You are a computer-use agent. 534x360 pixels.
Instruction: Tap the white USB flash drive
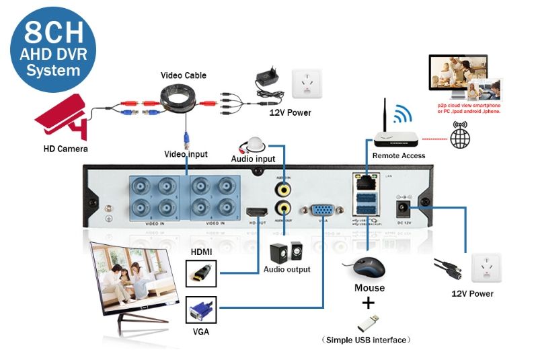(368, 322)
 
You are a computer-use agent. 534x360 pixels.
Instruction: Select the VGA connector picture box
(200, 312)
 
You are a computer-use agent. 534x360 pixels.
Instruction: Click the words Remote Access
(399, 156)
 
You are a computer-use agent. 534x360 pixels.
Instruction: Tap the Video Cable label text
(183, 75)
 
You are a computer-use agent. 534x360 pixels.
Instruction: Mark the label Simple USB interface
(366, 340)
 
